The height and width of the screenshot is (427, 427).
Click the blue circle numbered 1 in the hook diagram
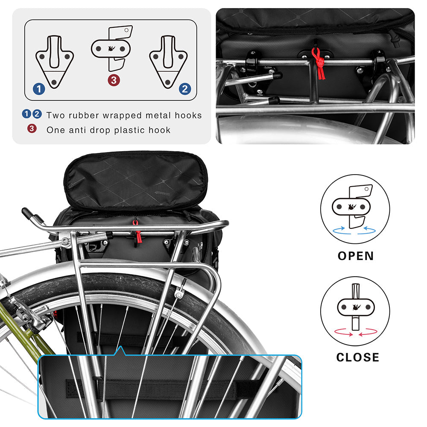coord(39,89)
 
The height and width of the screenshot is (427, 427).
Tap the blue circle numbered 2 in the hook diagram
coord(185,89)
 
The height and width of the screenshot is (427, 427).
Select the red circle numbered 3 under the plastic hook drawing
coord(114,80)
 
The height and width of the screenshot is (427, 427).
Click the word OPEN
coord(356,256)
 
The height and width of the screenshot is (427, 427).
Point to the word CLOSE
coord(357,357)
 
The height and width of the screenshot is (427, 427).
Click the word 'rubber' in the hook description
coord(84,115)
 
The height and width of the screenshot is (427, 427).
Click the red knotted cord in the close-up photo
coord(318,63)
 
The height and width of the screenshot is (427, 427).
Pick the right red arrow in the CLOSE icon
coord(368,332)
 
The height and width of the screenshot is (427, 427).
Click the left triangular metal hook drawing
coord(55,62)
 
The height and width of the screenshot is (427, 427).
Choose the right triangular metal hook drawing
coord(168,62)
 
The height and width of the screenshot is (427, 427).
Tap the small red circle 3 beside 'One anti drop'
coord(32,128)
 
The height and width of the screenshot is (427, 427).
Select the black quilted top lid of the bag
coord(136,180)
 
